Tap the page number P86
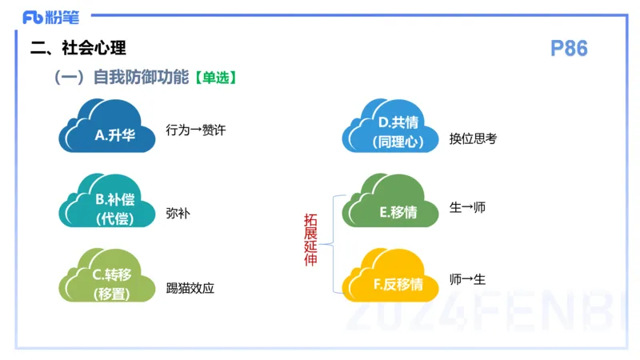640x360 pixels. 569,49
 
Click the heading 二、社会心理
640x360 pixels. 78,48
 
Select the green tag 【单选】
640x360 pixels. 214,78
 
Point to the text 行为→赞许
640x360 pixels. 196,130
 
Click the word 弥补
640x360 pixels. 178,214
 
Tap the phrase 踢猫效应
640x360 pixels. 190,288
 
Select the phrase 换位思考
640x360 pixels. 473,138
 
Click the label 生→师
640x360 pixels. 467,207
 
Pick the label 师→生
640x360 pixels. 467,279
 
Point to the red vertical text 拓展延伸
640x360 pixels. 310,240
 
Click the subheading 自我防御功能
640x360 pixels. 141,78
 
